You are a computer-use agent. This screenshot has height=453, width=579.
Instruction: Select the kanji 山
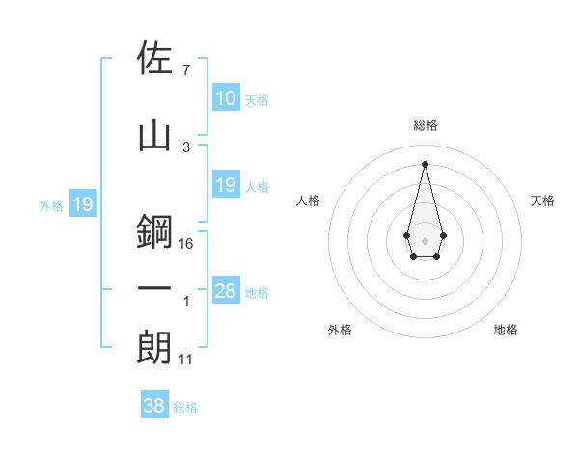point(155,135)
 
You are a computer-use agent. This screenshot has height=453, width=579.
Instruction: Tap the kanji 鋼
point(155,232)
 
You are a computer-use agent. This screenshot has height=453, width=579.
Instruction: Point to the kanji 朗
point(155,348)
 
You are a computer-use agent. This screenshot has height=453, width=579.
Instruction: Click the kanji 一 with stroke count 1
point(155,289)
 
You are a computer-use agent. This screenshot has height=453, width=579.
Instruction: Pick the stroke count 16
point(186,243)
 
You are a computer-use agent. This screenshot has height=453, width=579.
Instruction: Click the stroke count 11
point(186,359)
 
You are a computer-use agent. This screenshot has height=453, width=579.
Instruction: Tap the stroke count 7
point(185,70)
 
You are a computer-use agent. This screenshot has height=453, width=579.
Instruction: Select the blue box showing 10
point(226,98)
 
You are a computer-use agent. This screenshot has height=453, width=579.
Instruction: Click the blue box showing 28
point(226,292)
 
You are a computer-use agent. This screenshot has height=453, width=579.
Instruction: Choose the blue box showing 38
point(154,407)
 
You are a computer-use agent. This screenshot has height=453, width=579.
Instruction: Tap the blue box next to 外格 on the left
point(82,204)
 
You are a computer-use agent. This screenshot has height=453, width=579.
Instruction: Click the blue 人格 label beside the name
point(257,186)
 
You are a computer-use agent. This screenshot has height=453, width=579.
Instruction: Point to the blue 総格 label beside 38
point(185,408)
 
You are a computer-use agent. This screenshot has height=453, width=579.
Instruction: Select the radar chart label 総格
point(425,125)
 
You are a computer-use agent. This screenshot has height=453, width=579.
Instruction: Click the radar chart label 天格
point(542,200)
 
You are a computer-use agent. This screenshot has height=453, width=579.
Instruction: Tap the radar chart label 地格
point(506,330)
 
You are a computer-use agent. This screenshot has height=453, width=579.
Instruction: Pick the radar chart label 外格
point(340,330)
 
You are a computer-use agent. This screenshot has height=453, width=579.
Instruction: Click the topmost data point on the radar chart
point(425,163)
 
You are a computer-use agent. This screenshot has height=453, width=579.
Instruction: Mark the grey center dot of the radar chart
point(425,239)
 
